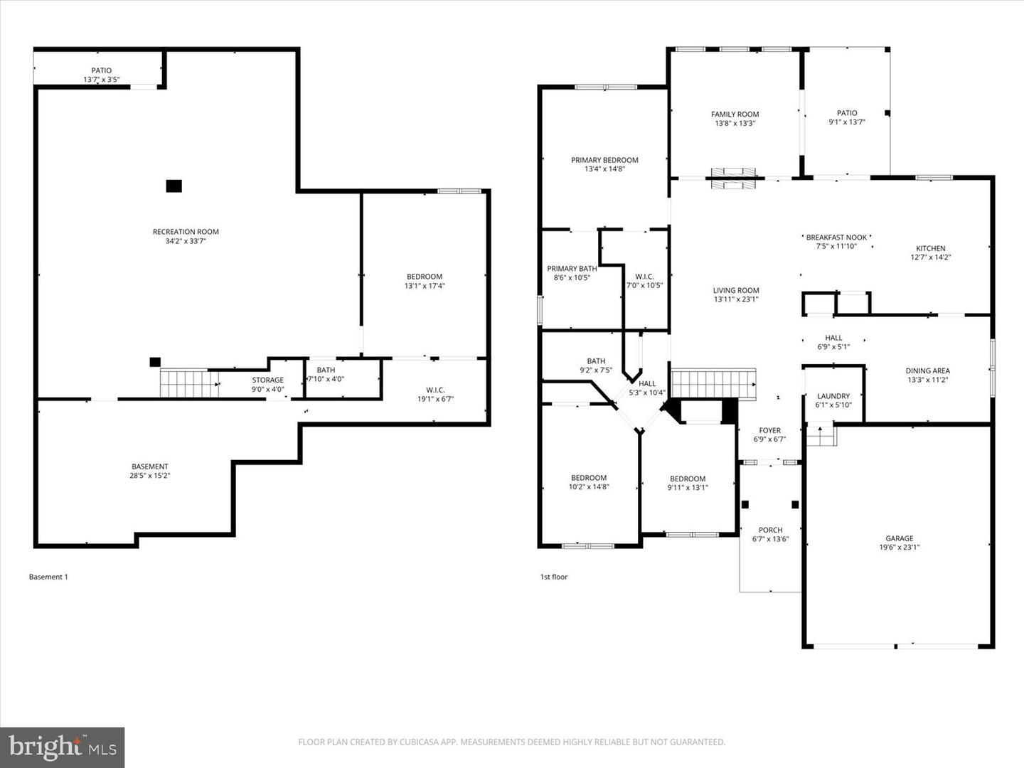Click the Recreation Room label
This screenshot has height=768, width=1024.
click(x=186, y=232)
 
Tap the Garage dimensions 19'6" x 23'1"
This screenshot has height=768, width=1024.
click(x=899, y=548)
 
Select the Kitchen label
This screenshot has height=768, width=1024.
click(x=930, y=248)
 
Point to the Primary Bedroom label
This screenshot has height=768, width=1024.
click(x=604, y=160)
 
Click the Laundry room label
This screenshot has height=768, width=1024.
click(x=833, y=396)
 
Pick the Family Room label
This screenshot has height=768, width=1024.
click(x=735, y=114)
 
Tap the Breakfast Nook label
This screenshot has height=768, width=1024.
click(x=836, y=238)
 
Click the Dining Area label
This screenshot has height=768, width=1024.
click(x=927, y=370)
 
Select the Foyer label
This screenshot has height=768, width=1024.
click(x=769, y=430)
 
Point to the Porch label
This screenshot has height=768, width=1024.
click(x=770, y=530)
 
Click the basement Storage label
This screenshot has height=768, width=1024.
click(x=267, y=380)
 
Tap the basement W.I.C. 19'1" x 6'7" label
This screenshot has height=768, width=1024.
click(x=435, y=395)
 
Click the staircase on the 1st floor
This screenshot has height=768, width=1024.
click(x=713, y=384)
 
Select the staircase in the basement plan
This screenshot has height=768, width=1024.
click(x=185, y=384)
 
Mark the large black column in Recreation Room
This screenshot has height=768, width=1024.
click(x=174, y=186)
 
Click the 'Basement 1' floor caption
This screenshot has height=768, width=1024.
click(x=48, y=577)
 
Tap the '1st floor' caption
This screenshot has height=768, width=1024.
click(x=554, y=577)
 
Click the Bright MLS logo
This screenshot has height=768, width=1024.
click(x=63, y=747)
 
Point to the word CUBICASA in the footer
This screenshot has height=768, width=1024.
click(x=424, y=742)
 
